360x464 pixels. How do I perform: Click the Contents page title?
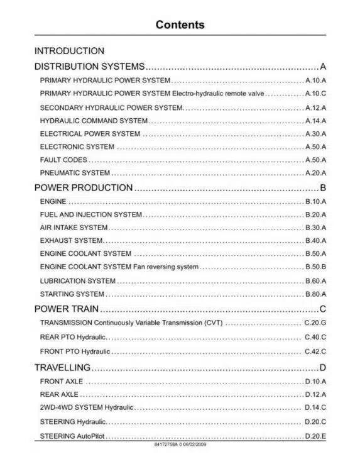point(180,25)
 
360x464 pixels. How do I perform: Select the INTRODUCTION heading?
point(69,51)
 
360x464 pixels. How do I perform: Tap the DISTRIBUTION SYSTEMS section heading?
point(89,66)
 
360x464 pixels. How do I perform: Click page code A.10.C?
point(315,94)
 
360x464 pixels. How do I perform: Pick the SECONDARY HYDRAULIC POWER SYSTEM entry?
point(111,108)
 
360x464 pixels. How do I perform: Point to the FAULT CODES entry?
point(63,160)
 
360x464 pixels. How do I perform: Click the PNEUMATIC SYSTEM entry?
point(75,173)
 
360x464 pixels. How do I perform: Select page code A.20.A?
point(315,173)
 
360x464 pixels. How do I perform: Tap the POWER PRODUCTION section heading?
point(83,188)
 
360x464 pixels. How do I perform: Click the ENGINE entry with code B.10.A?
point(53,202)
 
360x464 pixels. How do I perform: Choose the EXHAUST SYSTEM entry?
point(72,241)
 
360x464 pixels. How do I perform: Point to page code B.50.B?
point(315,267)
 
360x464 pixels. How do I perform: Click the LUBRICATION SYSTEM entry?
point(77,281)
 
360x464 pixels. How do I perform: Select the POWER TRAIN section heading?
point(67,309)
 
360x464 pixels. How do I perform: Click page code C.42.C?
point(315,351)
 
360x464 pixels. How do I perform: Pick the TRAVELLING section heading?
point(62,367)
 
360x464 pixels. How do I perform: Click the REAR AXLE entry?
point(59,395)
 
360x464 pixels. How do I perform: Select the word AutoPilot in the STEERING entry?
point(89,436)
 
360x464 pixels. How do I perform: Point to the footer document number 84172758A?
point(168,445)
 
